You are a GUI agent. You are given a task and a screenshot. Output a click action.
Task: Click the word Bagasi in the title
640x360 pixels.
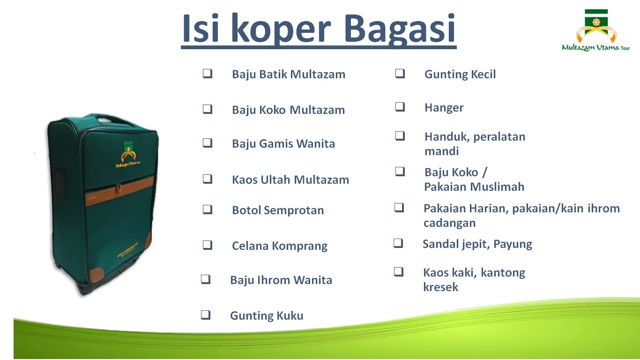point(400,29)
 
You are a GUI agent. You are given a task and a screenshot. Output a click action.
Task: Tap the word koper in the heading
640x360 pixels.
point(281,30)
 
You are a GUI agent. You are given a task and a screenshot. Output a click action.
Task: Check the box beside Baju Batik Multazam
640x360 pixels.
point(208,74)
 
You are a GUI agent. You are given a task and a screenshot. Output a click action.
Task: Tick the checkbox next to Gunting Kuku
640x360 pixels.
point(206,315)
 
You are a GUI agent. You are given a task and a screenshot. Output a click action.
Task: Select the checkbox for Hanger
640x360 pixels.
point(400,107)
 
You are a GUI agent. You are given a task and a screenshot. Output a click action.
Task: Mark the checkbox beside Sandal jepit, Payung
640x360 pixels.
point(398,243)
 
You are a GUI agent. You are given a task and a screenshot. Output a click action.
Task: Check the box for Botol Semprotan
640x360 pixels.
point(208,210)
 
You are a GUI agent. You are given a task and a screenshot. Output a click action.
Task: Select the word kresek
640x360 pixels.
point(440,287)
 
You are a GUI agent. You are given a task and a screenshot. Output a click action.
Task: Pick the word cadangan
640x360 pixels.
point(449,223)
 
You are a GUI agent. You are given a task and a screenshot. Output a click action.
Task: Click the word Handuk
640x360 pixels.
point(447,137)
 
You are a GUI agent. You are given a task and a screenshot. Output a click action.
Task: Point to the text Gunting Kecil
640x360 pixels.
point(460,75)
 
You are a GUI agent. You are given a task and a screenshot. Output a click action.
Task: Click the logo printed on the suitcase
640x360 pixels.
point(128,154)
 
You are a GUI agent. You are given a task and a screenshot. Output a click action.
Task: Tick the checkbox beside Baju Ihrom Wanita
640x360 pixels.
point(206,279)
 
